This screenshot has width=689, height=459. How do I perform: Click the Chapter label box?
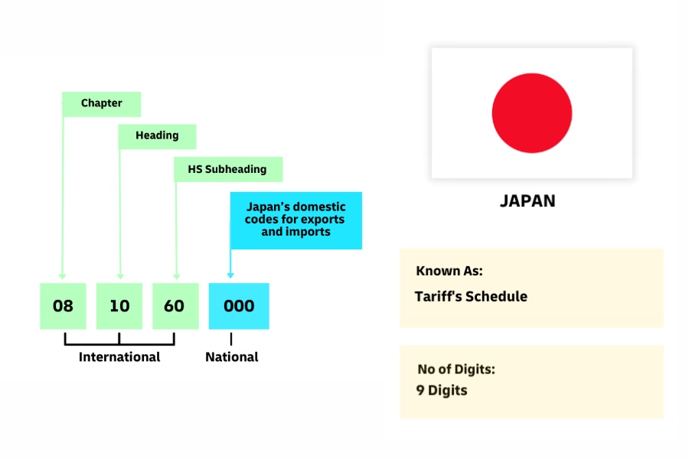click(101, 104)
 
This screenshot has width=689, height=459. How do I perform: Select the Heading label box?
click(157, 136)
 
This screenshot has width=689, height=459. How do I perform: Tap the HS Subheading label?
click(229, 169)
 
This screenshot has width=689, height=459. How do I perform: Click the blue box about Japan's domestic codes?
click(296, 220)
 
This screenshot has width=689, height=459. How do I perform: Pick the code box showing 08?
click(63, 306)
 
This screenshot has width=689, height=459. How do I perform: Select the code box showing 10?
click(119, 306)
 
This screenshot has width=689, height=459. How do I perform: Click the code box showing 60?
click(175, 306)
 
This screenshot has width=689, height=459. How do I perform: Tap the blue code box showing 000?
click(239, 306)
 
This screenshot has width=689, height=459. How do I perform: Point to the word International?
click(119, 357)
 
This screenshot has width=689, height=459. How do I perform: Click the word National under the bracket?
click(231, 357)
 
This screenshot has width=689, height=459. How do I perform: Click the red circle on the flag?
click(531, 112)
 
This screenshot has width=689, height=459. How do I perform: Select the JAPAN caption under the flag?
click(527, 201)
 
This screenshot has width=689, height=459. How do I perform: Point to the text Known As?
click(449, 272)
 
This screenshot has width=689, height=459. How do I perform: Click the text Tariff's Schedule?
click(471, 297)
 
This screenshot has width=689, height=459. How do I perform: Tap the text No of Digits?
click(456, 369)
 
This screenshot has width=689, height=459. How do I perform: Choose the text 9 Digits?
click(442, 391)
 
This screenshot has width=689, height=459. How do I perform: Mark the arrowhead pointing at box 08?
click(63, 276)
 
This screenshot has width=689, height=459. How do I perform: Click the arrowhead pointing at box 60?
click(176, 276)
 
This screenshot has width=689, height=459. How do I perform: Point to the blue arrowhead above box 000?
click(230, 275)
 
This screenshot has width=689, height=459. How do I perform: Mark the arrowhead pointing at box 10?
click(120, 276)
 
